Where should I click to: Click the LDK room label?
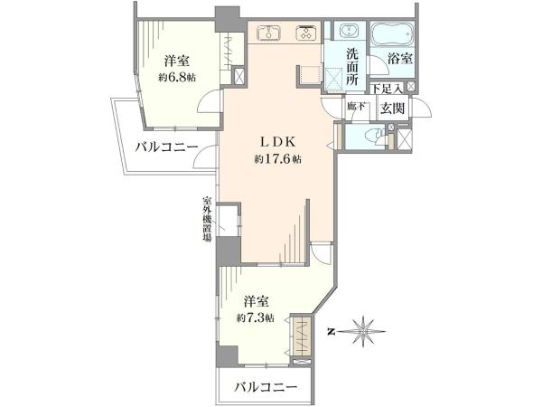(277, 142)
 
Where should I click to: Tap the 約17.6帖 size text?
(277, 159)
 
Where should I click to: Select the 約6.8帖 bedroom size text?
(177, 78)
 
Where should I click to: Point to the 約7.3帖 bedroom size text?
(256, 317)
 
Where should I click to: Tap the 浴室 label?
(400, 59)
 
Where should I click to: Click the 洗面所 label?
(352, 67)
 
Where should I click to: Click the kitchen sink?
(269, 33)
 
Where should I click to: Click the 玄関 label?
(393, 109)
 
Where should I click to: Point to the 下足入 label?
(388, 89)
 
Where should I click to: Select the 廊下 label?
(356, 106)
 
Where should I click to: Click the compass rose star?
(363, 331)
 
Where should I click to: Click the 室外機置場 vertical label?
(208, 220)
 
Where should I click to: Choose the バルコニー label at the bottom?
(266, 386)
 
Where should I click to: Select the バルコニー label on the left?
(166, 147)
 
